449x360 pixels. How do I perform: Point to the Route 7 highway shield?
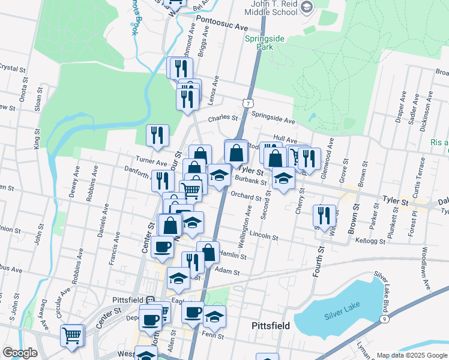click(x=247, y=103)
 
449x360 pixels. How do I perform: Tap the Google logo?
click(x=20, y=353)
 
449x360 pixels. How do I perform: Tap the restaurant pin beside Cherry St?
click(x=324, y=216)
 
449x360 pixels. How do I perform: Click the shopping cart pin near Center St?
click(x=72, y=336)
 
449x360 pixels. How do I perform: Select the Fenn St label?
click(x=214, y=336)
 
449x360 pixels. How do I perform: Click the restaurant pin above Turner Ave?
click(x=157, y=136)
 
